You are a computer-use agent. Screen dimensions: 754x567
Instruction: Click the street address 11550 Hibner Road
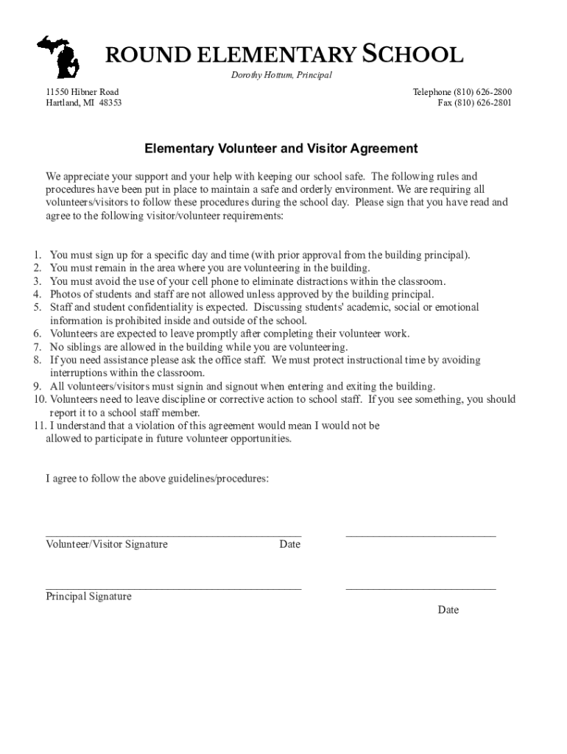click(82, 92)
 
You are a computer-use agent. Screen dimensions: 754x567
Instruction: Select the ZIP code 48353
click(110, 103)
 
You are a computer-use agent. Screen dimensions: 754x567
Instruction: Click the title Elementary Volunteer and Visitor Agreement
click(281, 149)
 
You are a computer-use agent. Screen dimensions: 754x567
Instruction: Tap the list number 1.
click(36, 256)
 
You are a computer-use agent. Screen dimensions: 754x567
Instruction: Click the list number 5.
click(36, 307)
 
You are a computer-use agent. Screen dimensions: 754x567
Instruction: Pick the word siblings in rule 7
click(85, 347)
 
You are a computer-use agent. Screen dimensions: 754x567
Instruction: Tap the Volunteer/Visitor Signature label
click(107, 545)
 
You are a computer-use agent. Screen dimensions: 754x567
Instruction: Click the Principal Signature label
click(88, 596)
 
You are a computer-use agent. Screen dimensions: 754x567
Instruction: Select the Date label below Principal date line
click(448, 610)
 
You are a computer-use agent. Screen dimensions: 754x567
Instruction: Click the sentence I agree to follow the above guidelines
click(157, 479)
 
